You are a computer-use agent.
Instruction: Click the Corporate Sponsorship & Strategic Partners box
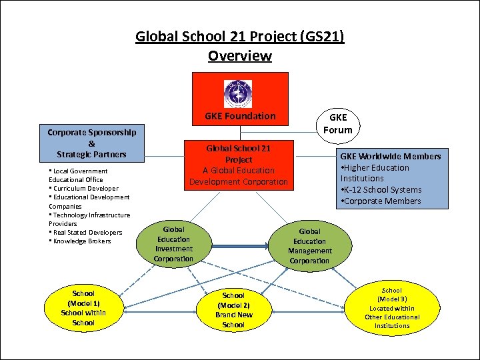92,143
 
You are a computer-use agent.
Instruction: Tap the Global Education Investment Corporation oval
174,244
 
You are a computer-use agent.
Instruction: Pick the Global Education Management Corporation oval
310,246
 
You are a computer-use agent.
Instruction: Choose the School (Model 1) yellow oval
83,308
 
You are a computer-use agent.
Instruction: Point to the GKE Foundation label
241,116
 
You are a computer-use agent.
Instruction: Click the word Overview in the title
240,56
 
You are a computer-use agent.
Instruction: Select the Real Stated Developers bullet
87,232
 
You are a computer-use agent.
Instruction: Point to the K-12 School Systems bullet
381,190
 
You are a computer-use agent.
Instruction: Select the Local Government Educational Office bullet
78,175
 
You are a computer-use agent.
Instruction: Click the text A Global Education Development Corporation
239,176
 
